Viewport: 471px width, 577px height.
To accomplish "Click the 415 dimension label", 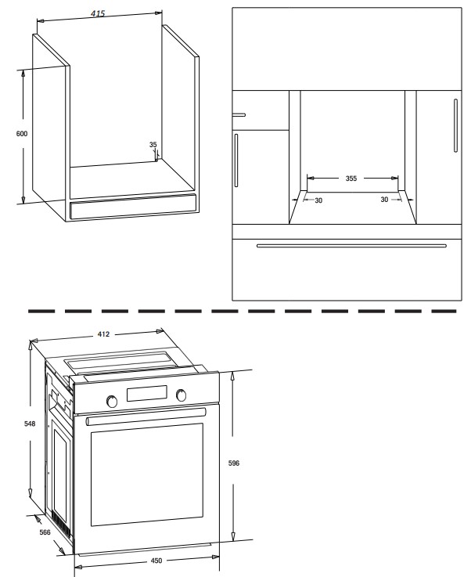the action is coord(98,13).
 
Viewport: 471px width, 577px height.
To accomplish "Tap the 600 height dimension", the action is coord(22,134).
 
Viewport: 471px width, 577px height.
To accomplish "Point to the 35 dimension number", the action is coord(153,145).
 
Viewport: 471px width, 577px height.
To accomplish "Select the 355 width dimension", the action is coord(351,179).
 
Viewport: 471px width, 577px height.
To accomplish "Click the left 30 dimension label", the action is coord(318,200).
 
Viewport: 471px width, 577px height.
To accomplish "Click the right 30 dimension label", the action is coord(384,200).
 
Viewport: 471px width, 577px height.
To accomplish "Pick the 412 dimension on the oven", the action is coord(103,334).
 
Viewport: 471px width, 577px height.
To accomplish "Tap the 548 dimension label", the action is coord(30,424).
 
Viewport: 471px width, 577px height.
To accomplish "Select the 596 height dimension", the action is coord(234,463).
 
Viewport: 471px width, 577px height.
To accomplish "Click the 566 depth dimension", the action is coord(45,532).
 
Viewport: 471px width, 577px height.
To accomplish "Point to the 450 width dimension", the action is coord(156,561).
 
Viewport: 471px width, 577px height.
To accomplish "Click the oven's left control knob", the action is coord(112,401).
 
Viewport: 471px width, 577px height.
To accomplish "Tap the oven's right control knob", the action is coord(181,395).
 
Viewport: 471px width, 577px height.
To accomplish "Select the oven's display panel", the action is coord(147,393).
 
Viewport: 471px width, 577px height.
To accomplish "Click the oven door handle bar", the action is coord(146,417).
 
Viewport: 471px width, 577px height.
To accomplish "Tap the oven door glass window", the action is coord(147,474).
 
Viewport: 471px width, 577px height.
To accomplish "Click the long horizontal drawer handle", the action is coord(351,246).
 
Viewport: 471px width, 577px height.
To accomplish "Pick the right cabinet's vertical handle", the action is coord(455,125).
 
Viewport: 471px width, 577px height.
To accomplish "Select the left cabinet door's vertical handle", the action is coord(236,160).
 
